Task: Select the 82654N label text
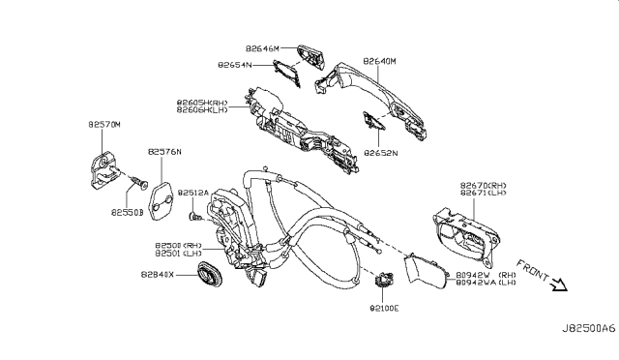[x=236, y=65]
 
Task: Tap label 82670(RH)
[x=482, y=184]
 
